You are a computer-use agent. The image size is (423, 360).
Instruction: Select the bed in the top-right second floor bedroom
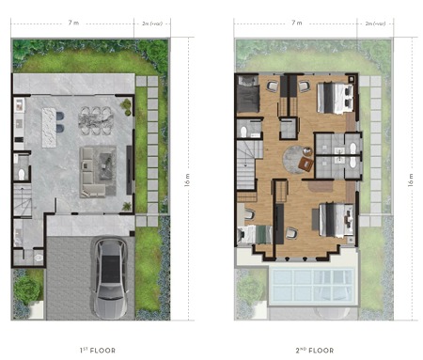tap(334, 97)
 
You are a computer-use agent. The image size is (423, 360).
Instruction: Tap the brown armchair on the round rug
tap(305, 164)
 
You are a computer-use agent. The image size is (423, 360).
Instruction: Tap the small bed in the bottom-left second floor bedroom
tap(250, 232)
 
